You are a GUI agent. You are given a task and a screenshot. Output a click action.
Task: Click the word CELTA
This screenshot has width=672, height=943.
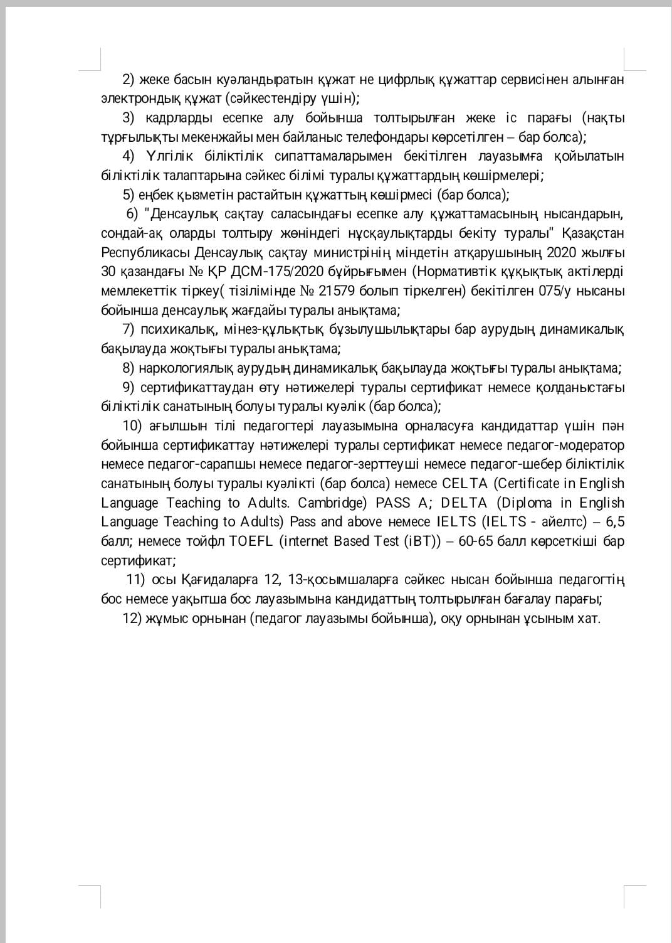pos(465,484)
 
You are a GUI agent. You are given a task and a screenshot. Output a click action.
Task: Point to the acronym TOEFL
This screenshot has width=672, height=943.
pos(252,541)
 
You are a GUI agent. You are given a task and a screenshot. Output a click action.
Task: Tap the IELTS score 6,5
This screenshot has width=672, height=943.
pos(615,522)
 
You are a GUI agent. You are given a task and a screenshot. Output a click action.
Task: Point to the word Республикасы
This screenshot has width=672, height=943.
pos(145,253)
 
